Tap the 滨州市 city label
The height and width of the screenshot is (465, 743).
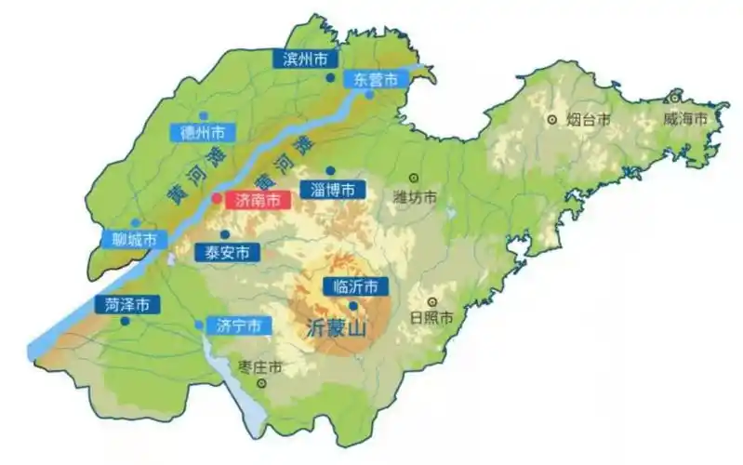coord(306,59)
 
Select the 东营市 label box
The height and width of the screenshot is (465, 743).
coord(376,79)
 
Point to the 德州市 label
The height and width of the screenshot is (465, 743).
coord(203,133)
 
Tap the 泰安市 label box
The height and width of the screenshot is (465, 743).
coord(226,252)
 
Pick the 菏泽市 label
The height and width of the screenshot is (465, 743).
coord(127,304)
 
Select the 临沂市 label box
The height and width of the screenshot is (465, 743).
coord(355,286)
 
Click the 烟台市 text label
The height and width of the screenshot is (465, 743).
coord(590,119)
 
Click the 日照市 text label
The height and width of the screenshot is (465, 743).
coord(431,318)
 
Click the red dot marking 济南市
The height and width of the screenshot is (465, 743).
coord(216,198)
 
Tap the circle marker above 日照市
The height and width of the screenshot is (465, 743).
coord(432,301)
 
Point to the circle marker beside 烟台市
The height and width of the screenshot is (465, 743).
coord(552,119)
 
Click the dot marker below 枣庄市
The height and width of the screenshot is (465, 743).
coord(262,382)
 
